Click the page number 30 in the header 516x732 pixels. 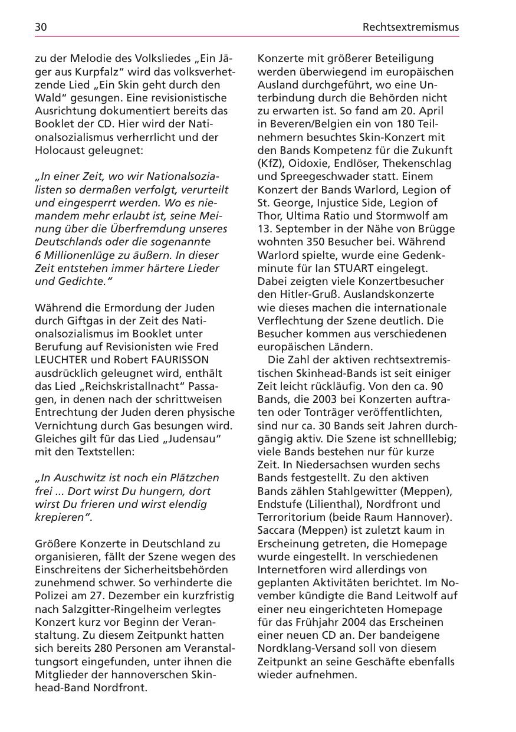[x=41, y=27]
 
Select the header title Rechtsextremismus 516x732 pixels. [x=410, y=27]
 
